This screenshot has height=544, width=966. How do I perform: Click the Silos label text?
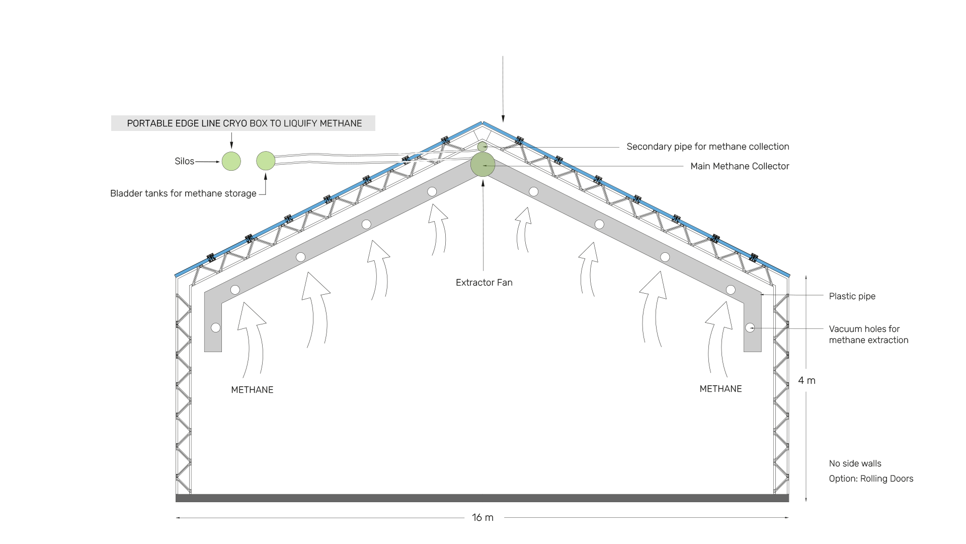click(184, 161)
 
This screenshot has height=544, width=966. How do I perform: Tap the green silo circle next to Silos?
click(231, 161)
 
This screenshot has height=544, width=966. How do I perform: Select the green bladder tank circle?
click(266, 161)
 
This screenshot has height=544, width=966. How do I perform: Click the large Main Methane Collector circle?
click(482, 165)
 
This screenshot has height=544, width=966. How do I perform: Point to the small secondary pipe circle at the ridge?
click(482, 147)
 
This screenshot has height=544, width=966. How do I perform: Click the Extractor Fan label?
click(484, 283)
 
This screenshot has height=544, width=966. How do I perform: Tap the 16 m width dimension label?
click(482, 517)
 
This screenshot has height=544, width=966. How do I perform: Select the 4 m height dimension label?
click(807, 381)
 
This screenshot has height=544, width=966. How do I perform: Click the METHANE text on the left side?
click(252, 390)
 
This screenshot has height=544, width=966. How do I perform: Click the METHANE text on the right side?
click(720, 389)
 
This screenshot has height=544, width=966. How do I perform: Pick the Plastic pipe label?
click(852, 296)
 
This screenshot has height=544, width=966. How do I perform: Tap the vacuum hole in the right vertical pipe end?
click(750, 328)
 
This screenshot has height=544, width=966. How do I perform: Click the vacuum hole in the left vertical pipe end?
click(216, 328)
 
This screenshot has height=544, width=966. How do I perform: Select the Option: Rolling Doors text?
click(871, 479)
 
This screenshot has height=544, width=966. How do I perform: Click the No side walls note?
click(855, 463)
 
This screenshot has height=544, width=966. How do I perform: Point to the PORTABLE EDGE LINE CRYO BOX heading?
click(244, 123)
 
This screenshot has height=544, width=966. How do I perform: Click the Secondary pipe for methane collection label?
click(707, 147)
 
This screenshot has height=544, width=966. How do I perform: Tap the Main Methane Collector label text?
click(740, 166)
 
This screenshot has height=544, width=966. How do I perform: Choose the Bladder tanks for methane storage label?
click(183, 193)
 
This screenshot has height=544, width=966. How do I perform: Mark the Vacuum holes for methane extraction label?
click(868, 334)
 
